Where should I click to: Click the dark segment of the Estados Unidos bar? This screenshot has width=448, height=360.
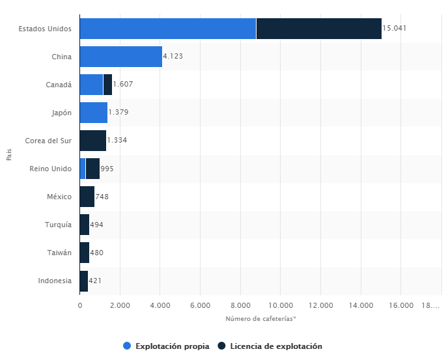(318, 29)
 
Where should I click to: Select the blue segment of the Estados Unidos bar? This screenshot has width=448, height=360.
(167, 29)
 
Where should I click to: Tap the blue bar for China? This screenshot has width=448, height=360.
(120, 57)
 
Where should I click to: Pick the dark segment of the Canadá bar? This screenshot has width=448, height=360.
(107, 85)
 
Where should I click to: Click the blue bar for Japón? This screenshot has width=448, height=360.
(93, 113)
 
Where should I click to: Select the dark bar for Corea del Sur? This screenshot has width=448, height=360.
(92, 141)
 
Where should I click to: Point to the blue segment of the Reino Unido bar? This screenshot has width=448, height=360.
(83, 169)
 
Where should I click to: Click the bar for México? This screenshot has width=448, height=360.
(87, 197)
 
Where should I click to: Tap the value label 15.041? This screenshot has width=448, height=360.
(395, 29)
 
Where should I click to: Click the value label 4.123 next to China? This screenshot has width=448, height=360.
(173, 57)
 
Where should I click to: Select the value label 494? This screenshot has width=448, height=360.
(96, 225)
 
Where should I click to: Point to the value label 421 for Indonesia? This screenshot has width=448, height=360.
(94, 281)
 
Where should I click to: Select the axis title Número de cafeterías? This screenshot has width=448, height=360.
(260, 318)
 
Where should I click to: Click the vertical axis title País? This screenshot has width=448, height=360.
(9, 155)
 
